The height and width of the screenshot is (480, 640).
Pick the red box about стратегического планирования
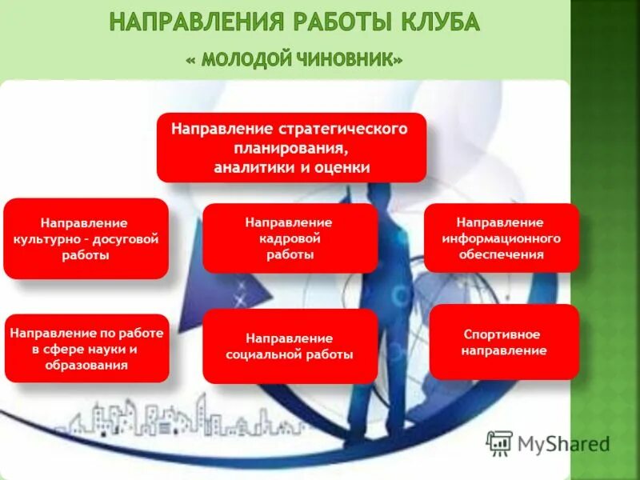pyautogui.click(x=291, y=148)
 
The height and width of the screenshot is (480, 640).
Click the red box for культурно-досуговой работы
pyautogui.click(x=86, y=239)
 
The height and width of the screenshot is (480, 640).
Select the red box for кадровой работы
pyautogui.click(x=290, y=238)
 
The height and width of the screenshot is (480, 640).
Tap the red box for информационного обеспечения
pyautogui.click(x=501, y=238)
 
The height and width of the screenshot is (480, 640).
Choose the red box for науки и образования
pyautogui.click(x=86, y=348)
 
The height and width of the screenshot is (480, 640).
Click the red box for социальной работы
pyautogui.click(x=290, y=346)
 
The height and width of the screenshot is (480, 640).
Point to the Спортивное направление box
pyautogui.click(x=504, y=342)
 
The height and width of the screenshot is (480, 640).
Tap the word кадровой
pyautogui.click(x=290, y=238)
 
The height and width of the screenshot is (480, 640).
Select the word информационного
pyautogui.click(x=501, y=238)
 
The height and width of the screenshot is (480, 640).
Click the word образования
pyautogui.click(x=86, y=365)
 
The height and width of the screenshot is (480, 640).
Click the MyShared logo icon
pyautogui.click(x=500, y=442)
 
